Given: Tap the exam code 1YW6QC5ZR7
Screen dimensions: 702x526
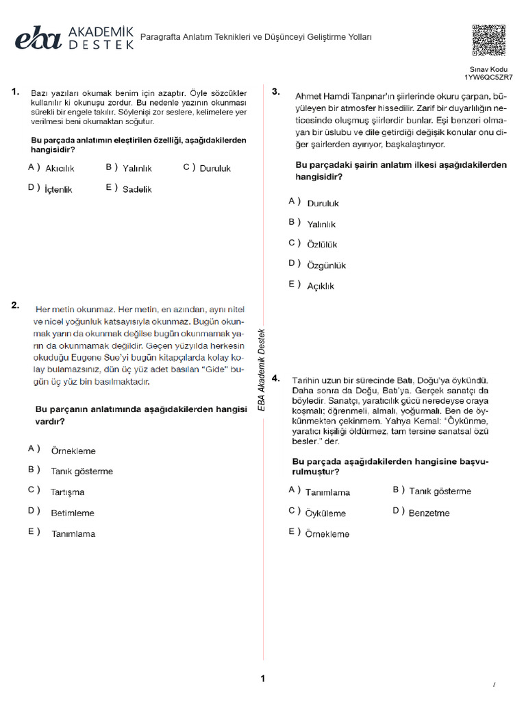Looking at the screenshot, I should (x=488, y=77).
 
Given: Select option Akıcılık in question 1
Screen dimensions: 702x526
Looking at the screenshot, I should (x=59, y=168).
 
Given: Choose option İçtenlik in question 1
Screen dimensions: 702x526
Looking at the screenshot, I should (x=58, y=189).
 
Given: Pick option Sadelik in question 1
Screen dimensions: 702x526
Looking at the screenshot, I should (x=137, y=189).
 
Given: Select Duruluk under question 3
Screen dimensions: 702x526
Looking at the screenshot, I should (x=323, y=204).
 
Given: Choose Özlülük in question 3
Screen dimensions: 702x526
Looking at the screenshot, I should (x=322, y=245).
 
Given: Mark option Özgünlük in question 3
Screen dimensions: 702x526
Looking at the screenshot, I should (x=326, y=265).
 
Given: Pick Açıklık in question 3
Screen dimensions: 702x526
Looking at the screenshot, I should (x=321, y=286).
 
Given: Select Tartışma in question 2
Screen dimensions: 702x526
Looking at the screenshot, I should (x=67, y=492).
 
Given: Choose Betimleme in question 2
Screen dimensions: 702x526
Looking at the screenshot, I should (x=72, y=513).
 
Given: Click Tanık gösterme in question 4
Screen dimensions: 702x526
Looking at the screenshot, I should (x=440, y=492).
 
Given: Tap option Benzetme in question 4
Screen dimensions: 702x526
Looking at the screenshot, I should (x=429, y=513).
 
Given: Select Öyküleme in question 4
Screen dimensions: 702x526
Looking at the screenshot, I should (x=325, y=513).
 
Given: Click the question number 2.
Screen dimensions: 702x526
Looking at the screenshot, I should (x=15, y=306).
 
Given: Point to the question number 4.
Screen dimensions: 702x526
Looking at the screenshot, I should (x=275, y=378).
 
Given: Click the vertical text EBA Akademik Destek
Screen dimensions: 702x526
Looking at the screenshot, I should (x=261, y=370).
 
